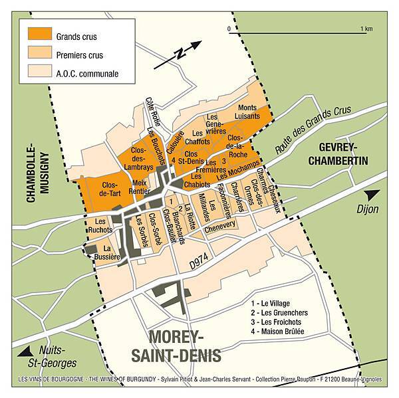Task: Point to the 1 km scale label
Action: [365, 29]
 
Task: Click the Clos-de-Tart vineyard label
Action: [103, 189]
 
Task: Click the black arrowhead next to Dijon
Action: [374, 195]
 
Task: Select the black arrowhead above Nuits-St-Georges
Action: [27, 350]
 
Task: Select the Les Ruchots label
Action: [101, 226]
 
